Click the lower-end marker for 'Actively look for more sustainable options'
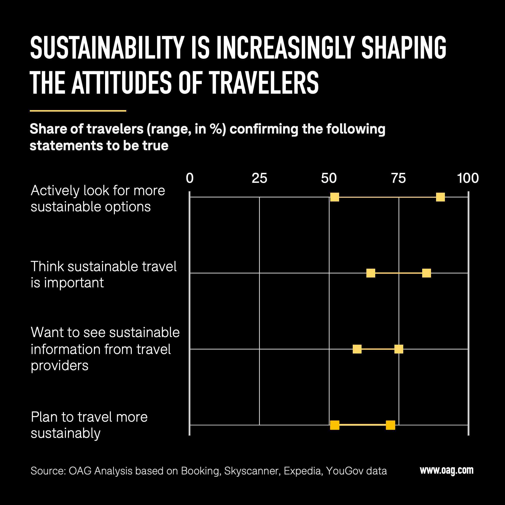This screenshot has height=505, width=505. [x=335, y=197]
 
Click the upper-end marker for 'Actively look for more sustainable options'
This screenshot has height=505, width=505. [x=440, y=197]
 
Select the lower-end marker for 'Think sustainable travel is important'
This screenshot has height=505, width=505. [x=371, y=273]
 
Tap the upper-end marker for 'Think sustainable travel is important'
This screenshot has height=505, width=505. [x=426, y=273]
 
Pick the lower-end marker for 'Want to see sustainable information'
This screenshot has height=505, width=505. [x=357, y=349]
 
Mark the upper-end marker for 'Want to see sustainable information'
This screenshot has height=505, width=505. [x=399, y=349]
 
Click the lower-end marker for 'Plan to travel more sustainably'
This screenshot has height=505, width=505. [x=335, y=425]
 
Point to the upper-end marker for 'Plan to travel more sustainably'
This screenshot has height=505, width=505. [x=390, y=425]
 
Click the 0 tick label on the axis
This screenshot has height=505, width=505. [x=190, y=178]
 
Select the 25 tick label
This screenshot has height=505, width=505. [x=259, y=178]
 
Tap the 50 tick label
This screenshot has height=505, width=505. [x=329, y=178]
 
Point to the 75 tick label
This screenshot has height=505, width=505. [x=398, y=178]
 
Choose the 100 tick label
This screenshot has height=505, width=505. [x=468, y=178]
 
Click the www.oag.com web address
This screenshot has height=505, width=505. [x=447, y=470]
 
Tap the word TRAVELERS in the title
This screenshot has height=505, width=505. [x=264, y=83]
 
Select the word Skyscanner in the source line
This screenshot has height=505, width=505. [x=252, y=471]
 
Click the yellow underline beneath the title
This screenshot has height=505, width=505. [x=78, y=111]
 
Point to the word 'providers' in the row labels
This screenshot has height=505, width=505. [x=60, y=365]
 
